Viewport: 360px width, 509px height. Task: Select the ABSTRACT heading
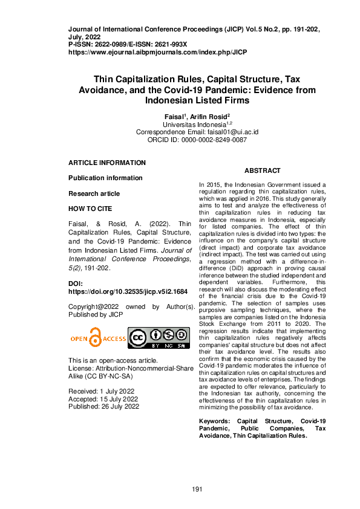(262, 171)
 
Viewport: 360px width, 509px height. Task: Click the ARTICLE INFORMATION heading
(107, 163)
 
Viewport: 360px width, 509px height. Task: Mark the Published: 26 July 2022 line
(103, 407)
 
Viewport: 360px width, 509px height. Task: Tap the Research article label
(94, 194)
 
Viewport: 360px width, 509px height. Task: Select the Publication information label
(105, 178)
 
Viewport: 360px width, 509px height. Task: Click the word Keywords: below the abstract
(216, 421)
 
